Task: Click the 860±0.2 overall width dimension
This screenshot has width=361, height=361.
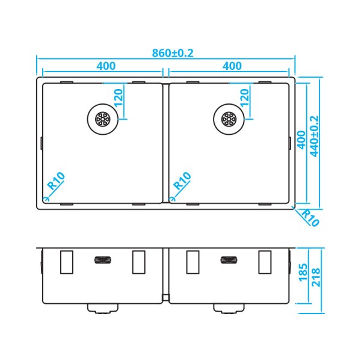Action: pyautogui.click(x=172, y=52)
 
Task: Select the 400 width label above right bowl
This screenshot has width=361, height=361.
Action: pyautogui.click(x=232, y=66)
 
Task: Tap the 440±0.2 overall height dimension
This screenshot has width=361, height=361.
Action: pyautogui.click(x=314, y=136)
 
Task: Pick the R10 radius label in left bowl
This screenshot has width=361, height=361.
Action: pyautogui.click(x=56, y=182)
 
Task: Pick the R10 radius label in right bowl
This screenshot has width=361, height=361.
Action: pyautogui.click(x=182, y=182)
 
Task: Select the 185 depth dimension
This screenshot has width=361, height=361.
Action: pyautogui.click(x=302, y=275)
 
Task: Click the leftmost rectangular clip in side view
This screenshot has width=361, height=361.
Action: pyautogui.click(x=67, y=262)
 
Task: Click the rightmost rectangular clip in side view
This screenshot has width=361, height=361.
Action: pyautogui.click(x=265, y=262)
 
